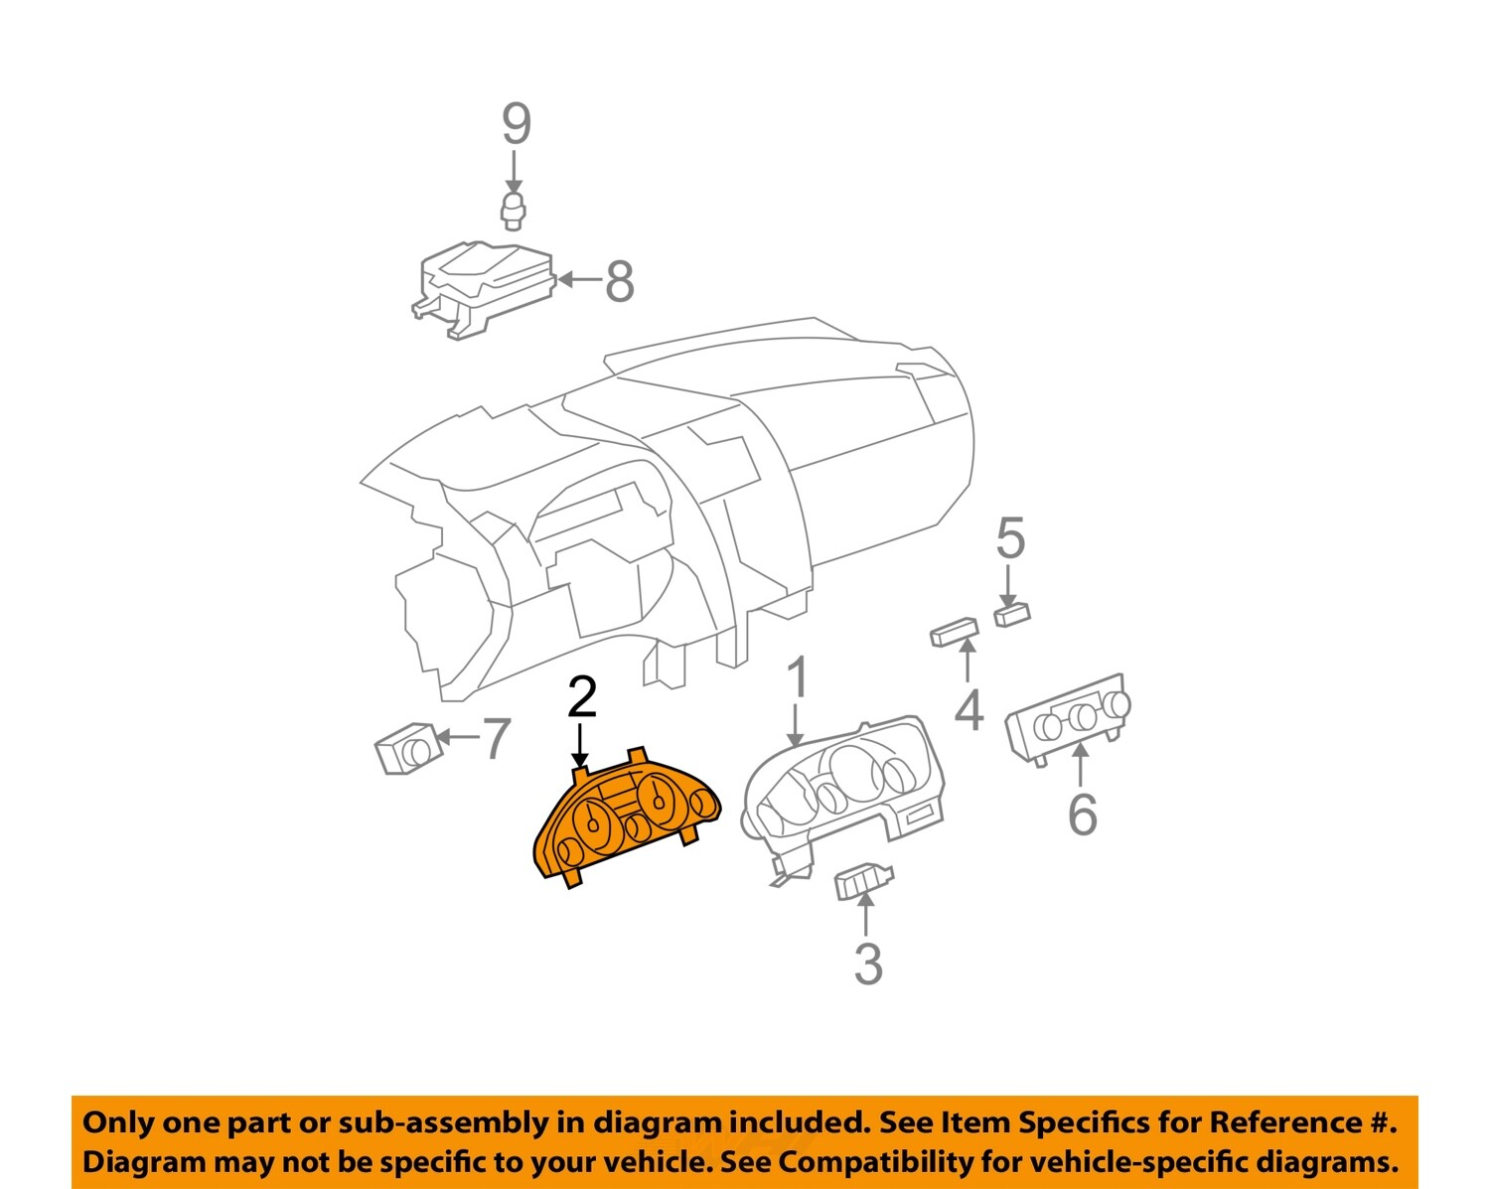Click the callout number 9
point(517,123)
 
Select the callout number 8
point(620,281)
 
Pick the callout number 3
point(868,964)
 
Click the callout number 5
point(1010,537)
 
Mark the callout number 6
point(1083,815)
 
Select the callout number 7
point(497,738)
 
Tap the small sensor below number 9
point(513,212)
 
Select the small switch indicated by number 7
point(408,748)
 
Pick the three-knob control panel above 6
point(1069,720)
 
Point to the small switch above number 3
point(864,881)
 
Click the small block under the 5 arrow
point(1012,614)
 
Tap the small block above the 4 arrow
point(955,632)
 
